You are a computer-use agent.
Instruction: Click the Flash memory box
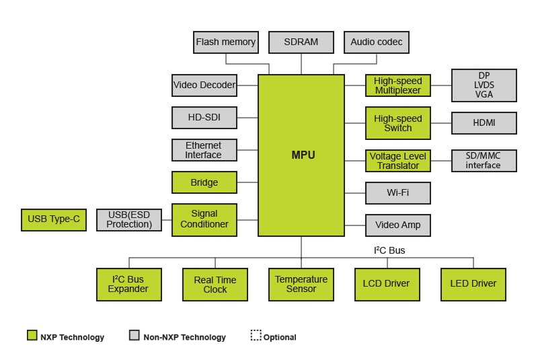226,42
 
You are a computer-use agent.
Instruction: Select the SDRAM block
301,42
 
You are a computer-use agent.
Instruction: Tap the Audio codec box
377,42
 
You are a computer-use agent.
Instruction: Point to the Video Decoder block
204,85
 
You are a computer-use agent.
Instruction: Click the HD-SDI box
204,118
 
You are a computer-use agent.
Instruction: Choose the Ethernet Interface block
204,150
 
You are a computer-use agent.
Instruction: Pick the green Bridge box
204,182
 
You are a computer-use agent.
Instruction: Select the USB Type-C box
54,219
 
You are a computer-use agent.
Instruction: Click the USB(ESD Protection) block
129,219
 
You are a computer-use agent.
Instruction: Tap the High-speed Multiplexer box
398,85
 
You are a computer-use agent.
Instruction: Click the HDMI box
484,123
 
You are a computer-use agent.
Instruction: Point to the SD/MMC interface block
484,161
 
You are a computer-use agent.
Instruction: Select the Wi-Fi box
398,193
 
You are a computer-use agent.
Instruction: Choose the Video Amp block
398,225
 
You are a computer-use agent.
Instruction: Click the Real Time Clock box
215,285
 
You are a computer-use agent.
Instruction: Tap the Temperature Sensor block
301,285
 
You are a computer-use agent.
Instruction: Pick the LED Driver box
473,285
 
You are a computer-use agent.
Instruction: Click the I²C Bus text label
389,250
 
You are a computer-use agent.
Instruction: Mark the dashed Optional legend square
256,335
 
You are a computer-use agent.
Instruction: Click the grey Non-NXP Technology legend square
134,335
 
